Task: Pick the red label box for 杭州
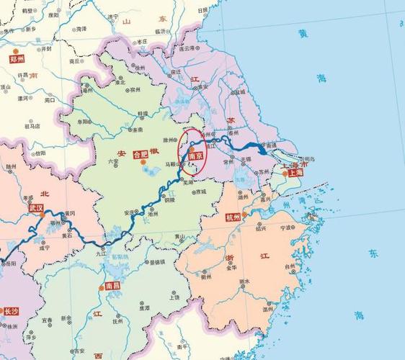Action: click(233, 217)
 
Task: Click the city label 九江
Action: click(100, 253)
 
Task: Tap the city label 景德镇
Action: click(153, 261)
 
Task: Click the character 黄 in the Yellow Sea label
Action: click(301, 32)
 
